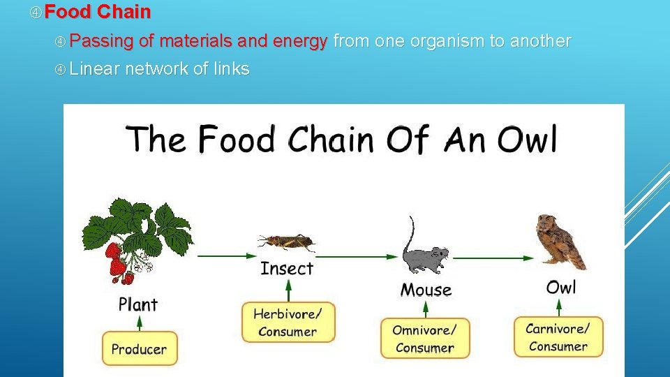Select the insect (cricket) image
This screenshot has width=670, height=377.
click(286, 242)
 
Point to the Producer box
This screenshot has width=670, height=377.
click(140, 348)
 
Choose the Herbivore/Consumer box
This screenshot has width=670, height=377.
click(288, 323)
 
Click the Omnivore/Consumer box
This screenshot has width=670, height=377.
click(425, 338)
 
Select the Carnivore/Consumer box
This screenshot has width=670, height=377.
click(558, 337)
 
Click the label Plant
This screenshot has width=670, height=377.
click(138, 304)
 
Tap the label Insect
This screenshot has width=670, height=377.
click(287, 268)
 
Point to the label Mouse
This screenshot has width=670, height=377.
click(426, 289)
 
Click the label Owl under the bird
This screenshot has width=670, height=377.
click(561, 287)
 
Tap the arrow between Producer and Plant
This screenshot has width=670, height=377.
click(140, 323)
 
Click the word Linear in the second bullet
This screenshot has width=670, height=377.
click(95, 68)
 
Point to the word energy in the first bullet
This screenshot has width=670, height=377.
click(299, 41)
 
